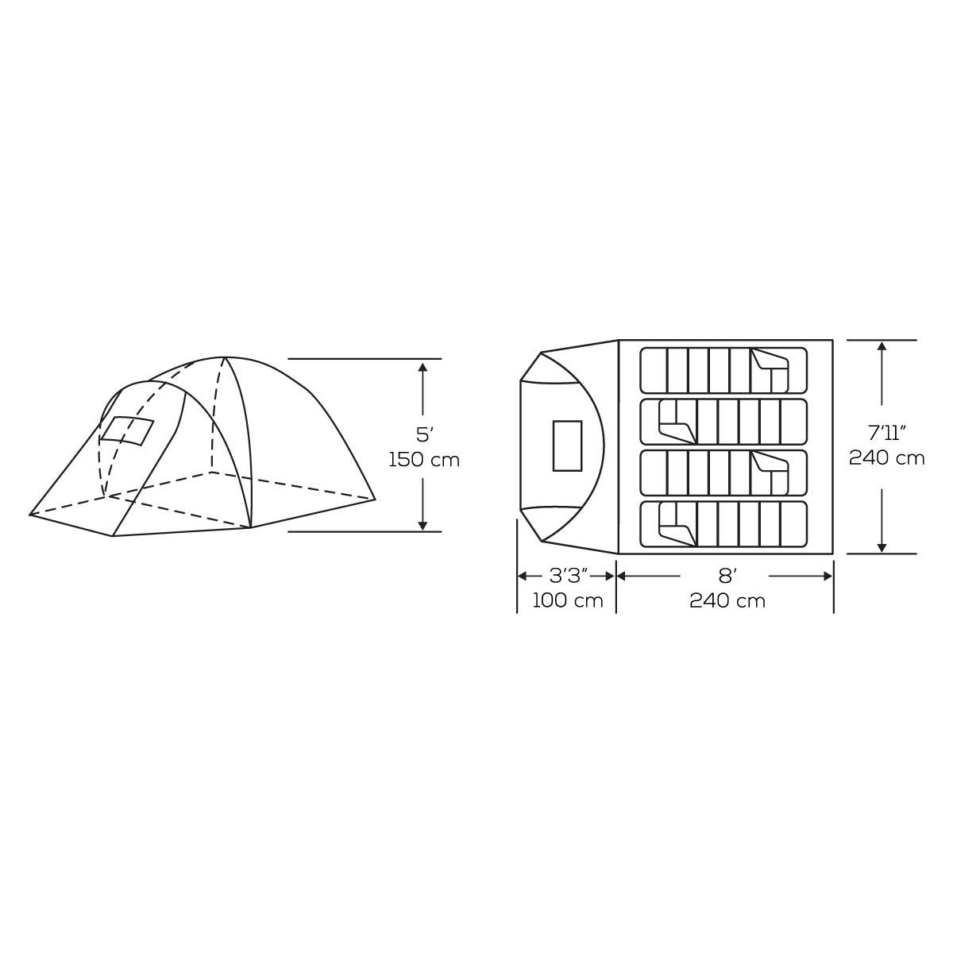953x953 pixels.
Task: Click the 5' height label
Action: point(422,434)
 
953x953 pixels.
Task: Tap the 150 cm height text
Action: point(424,460)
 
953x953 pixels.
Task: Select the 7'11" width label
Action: point(886,433)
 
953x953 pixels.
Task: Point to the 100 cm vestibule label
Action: point(567,600)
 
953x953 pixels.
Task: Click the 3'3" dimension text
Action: point(567,575)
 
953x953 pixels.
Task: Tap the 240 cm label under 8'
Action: point(727,600)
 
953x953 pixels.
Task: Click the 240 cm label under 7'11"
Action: point(886,458)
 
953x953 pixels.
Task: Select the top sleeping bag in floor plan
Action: point(723,370)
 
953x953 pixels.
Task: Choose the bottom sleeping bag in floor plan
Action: point(723,524)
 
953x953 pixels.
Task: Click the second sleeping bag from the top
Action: point(723,422)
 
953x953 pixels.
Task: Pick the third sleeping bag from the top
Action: point(723,473)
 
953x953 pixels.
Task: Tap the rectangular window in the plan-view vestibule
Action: point(567,446)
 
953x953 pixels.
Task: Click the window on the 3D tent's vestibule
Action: point(126,430)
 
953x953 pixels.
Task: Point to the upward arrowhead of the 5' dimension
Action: point(422,366)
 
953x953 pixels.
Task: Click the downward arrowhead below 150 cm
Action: point(422,525)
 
